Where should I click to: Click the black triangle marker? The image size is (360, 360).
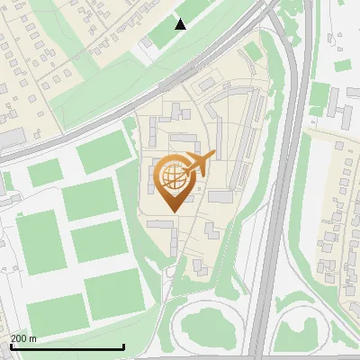[180, 23]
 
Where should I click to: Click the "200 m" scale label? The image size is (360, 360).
[24, 338]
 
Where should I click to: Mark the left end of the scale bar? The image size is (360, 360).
[10, 347]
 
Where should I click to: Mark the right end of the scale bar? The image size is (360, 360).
[123, 347]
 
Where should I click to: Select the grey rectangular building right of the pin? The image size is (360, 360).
[220, 196]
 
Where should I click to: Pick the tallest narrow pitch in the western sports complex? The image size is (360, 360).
[37, 243]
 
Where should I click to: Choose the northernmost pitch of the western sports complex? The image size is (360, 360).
[104, 156]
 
